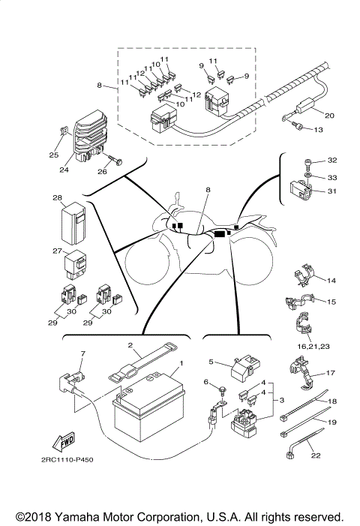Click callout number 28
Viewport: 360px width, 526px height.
click(x=57, y=197)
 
